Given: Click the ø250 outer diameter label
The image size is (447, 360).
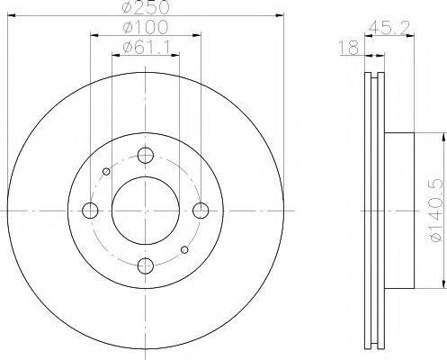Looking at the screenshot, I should click(x=144, y=9).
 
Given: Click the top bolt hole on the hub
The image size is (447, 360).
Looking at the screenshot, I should click(x=145, y=154).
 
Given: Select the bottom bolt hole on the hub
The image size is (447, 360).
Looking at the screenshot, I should click(x=145, y=265).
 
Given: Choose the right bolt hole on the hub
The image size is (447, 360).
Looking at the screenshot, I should click(x=201, y=210).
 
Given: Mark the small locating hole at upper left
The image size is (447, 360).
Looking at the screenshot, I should click(x=106, y=171).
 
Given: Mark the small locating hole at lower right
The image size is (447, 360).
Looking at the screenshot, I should click(x=184, y=248).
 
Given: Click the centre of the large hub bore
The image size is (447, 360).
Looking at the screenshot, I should click(x=145, y=210).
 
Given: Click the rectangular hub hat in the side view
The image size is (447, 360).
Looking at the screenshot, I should click(x=400, y=210).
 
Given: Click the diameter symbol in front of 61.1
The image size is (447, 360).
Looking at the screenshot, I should click(x=124, y=49).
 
